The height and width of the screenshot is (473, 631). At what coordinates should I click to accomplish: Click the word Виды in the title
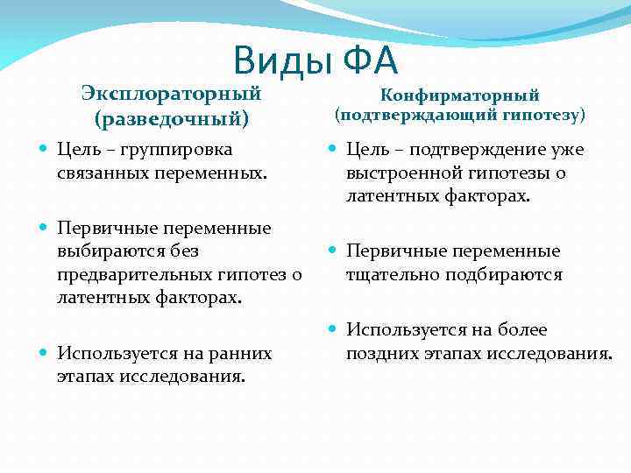pyautogui.click(x=283, y=61)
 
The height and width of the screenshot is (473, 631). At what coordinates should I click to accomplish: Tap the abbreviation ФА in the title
pyautogui.click(x=370, y=61)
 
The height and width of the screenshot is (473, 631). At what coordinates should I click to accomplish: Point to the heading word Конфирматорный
pyautogui.click(x=459, y=95)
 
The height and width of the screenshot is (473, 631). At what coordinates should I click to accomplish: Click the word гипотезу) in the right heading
pyautogui.click(x=542, y=115)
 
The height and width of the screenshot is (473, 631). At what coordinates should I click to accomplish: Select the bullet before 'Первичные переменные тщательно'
pyautogui.click(x=334, y=251)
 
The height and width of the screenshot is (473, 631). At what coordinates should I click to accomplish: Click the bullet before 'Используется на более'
pyautogui.click(x=334, y=330)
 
